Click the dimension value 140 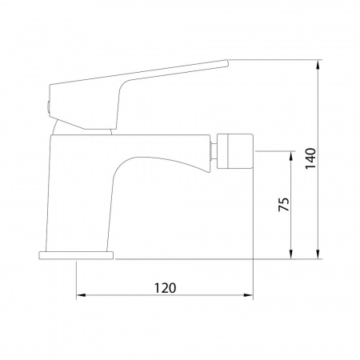coord(310,158)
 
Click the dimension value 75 coord(283,205)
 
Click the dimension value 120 coord(166,288)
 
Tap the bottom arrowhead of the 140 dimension coord(318,254)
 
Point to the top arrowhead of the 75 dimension coord(291,156)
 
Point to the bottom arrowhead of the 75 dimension coord(291,254)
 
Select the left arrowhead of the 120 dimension coord(81,295)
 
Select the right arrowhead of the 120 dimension coord(248,295)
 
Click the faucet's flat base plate coord(76,255)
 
